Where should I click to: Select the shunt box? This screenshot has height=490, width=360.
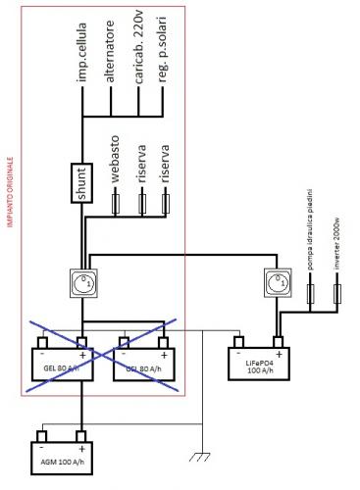pyautogui.click(x=81, y=181)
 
